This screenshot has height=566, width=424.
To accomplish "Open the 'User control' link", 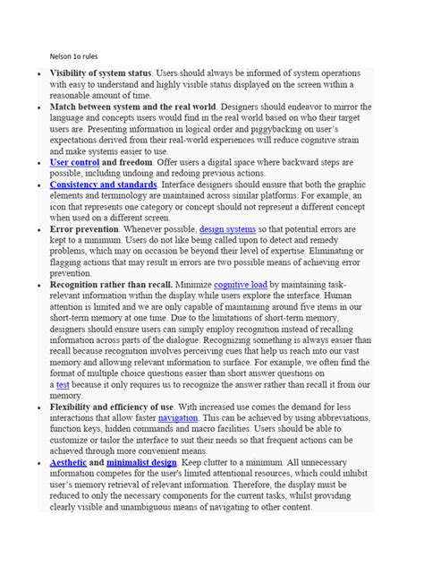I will click(x=73, y=165).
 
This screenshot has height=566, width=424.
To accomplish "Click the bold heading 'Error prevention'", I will click(x=86, y=230).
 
